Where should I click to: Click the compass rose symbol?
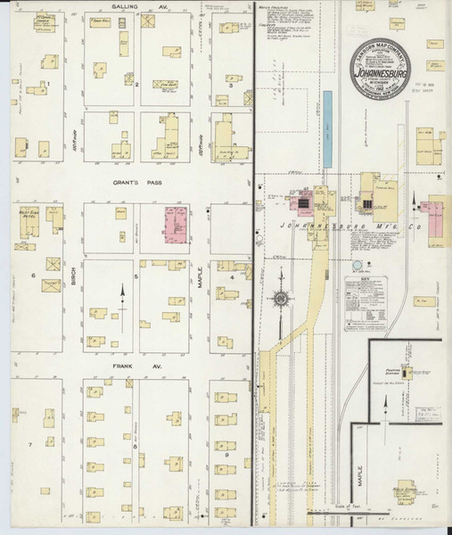281,301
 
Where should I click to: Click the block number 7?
29,443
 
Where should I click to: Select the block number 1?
49,85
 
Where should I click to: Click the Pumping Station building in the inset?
408,372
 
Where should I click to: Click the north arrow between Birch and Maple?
122,297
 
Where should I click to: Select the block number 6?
34,276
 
